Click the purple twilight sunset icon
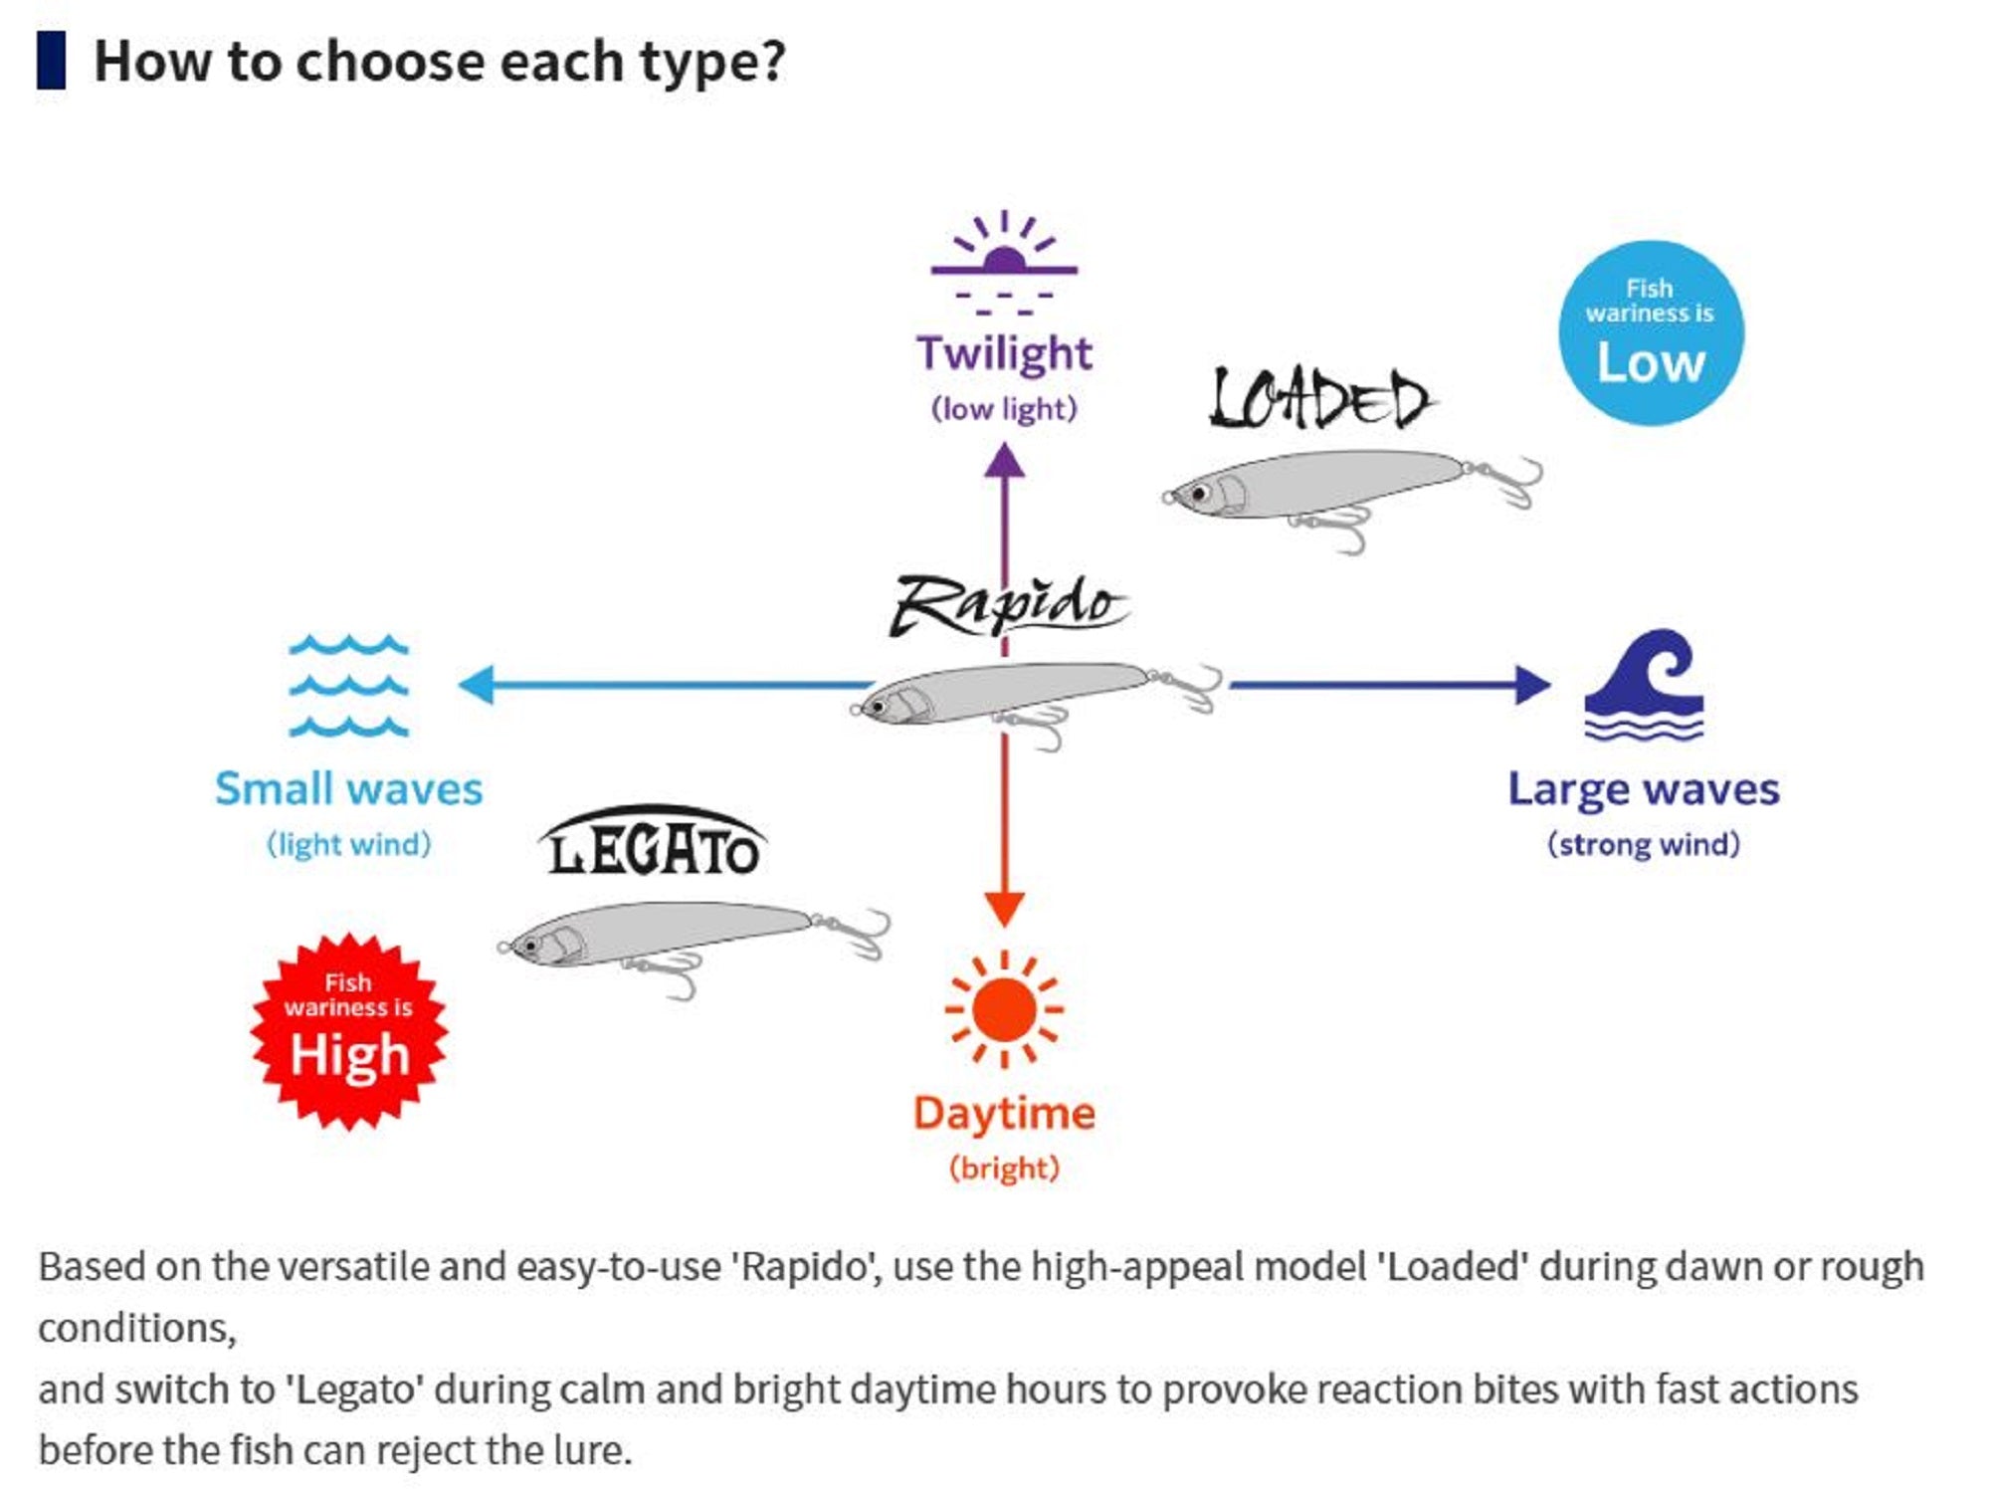[x=1004, y=261]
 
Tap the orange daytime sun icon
[x=1004, y=1008]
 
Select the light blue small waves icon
[x=348, y=685]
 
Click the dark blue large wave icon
[x=1644, y=685]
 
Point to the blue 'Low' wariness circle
[x=1651, y=333]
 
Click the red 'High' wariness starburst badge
[x=348, y=1031]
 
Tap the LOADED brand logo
[x=1320, y=398]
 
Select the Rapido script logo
[x=1007, y=605]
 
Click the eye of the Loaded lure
[x=1200, y=493]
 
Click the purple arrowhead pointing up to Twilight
[x=1004, y=462]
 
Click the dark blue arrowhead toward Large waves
[x=1531, y=685]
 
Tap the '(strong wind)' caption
[x=1644, y=844]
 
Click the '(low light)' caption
[x=1004, y=408]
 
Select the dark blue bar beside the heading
[x=52, y=61]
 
